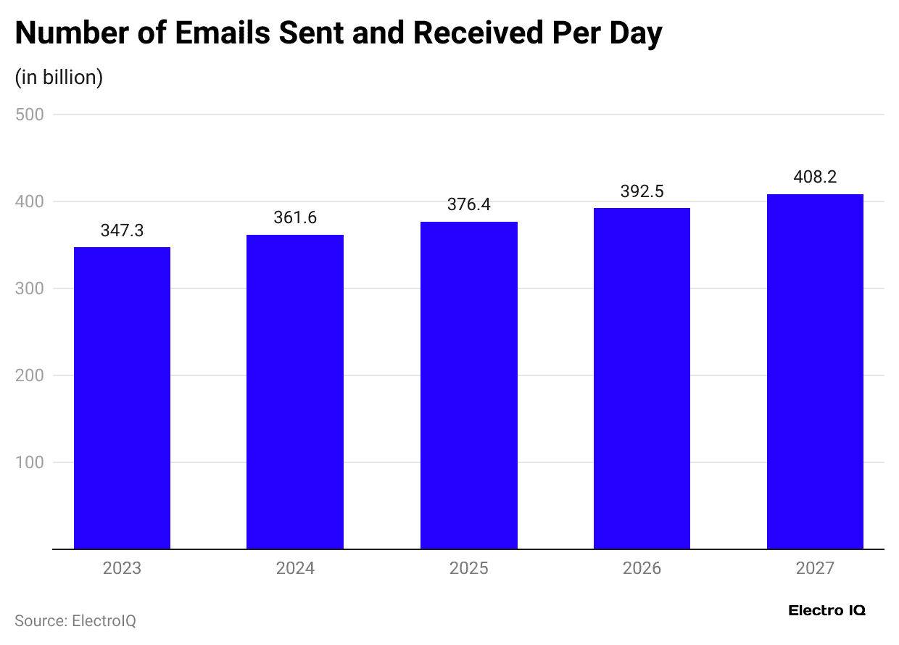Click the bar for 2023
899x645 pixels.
pos(122,398)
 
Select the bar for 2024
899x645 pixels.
pos(295,392)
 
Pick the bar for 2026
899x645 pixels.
pos(642,378)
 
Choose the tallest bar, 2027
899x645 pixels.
pos(815,372)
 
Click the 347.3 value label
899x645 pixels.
pos(122,230)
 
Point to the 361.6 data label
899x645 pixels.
pos(295,217)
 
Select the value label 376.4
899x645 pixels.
pos(468,205)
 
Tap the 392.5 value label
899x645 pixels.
pos(642,191)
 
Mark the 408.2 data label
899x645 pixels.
pos(815,177)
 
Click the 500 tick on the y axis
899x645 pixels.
pos(30,115)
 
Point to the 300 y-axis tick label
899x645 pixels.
pos(30,288)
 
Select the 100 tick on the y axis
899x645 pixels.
pos(30,462)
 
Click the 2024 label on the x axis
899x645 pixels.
pos(295,567)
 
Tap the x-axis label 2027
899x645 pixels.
pos(815,567)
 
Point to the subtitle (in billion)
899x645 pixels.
pos(59,78)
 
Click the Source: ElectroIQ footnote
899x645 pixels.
pos(75,621)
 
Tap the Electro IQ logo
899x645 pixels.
pos(826,610)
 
